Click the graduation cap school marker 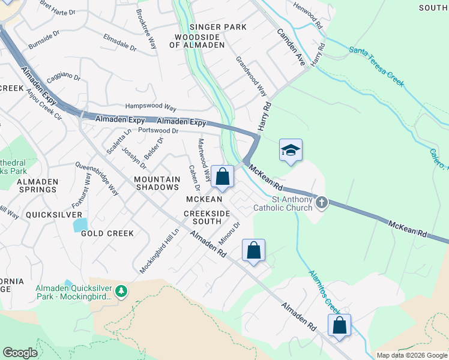coord(291,151)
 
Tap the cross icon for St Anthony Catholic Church coord(322,202)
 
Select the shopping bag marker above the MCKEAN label coord(222,177)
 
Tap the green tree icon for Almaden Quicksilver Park coord(122,290)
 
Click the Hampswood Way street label coord(150,107)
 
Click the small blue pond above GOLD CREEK coord(79,224)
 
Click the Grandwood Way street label coord(251,77)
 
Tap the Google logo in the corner coord(20,352)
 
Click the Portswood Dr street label coord(158,130)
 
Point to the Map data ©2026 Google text coord(412,355)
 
